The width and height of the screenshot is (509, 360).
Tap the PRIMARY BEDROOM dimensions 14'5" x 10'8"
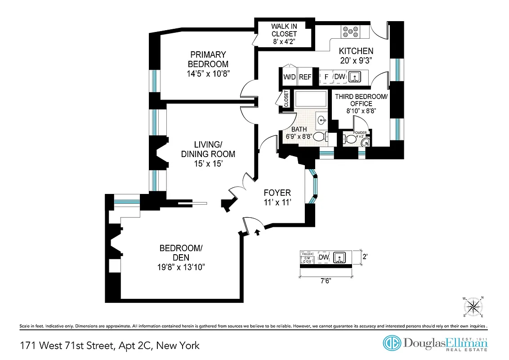point(208,73)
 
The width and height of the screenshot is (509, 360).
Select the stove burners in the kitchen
point(350,31)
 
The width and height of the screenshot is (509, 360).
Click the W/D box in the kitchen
point(289,77)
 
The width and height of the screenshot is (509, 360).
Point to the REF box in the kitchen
point(305,77)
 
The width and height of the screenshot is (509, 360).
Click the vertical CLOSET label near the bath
point(286,99)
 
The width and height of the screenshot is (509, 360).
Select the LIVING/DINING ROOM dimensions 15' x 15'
point(208,164)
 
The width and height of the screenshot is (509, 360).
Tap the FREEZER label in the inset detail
point(307,253)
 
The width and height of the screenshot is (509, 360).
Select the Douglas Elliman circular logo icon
point(392,342)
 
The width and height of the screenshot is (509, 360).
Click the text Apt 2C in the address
point(136,346)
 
